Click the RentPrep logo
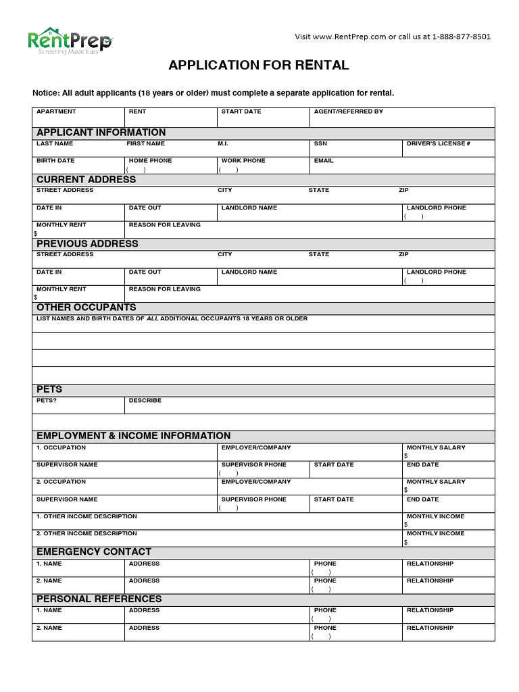pos(70,41)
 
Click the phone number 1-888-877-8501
pos(462,36)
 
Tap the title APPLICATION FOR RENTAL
pos(259,66)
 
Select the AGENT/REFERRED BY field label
pos(348,112)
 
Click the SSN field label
pos(320,144)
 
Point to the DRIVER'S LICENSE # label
pos(438,144)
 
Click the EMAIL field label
pos(324,161)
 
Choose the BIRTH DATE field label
pos(55,161)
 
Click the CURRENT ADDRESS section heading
pos(86,180)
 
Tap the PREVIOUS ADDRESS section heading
pos(87,244)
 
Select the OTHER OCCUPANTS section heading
pos(86,307)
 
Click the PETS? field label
pos(47,401)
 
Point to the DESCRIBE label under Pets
pos(145,401)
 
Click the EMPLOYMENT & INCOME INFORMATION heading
pos(133,436)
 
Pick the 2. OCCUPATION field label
pos(61,482)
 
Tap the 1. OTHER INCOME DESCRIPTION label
pos(86,516)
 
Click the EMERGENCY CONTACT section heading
pos(94,552)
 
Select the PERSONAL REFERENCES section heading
pos(99,599)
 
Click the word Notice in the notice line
pos(46,93)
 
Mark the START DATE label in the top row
pos(241,112)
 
